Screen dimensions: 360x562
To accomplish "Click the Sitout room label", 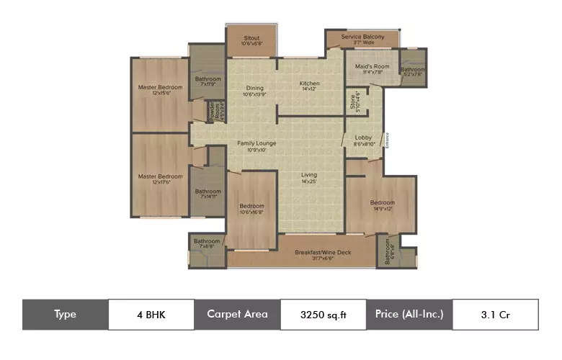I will (251, 37).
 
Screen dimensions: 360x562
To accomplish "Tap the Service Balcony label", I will (362, 37).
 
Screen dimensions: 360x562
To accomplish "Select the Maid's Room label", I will (373, 67).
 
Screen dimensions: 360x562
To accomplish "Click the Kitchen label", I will (310, 84).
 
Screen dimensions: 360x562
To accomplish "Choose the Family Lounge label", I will (257, 143).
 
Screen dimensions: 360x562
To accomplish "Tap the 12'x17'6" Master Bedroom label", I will (160, 177).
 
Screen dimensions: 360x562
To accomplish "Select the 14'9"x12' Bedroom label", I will (382, 203).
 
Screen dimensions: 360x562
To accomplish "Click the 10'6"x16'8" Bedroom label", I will (251, 207).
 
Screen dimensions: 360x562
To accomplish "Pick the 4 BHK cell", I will (150, 314).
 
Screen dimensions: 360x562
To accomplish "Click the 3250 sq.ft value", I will (323, 314).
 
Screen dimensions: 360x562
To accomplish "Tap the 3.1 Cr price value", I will (494, 314).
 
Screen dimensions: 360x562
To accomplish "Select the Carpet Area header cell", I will (237, 314).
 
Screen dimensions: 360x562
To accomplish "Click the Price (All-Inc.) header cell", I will (409, 314).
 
